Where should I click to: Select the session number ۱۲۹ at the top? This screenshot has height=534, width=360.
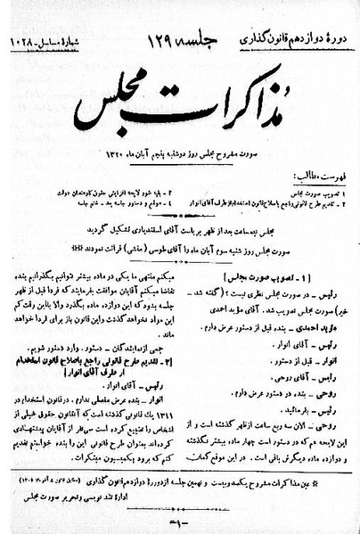pos(149,37)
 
